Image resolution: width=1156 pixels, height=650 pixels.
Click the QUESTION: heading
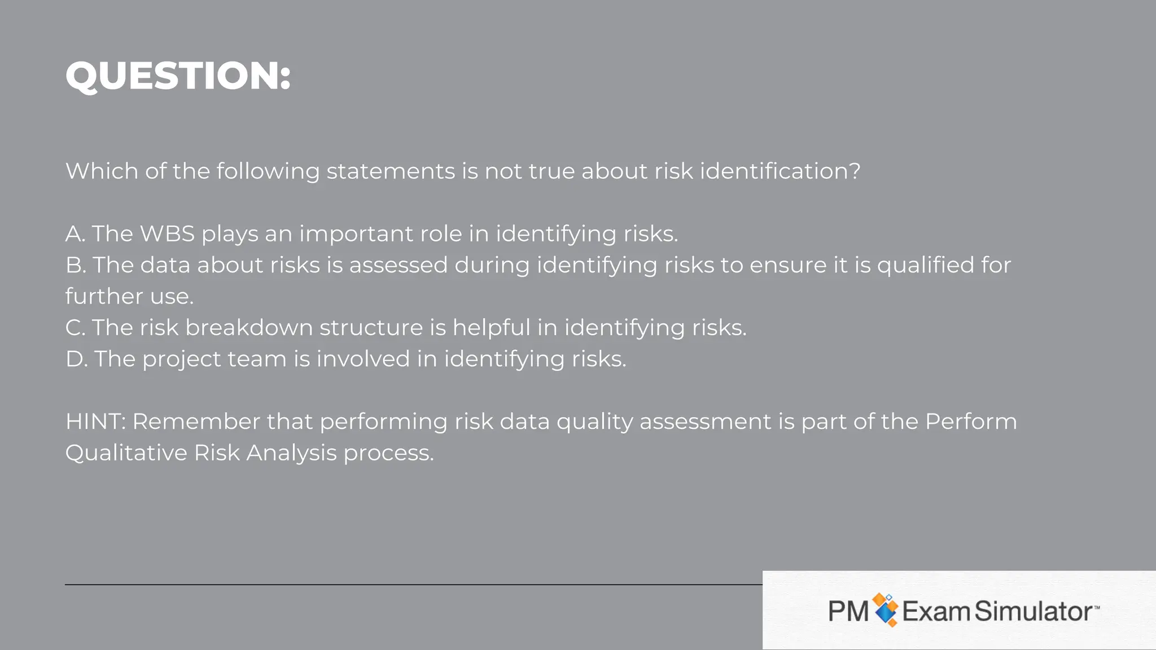pos(178,76)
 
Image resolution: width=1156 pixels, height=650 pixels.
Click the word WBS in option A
pos(167,234)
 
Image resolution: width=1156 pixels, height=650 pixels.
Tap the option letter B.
pos(75,265)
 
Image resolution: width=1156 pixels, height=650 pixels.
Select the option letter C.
pos(75,328)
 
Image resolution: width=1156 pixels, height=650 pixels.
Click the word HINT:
pos(95,421)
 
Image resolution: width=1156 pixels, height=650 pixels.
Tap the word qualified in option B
pos(926,265)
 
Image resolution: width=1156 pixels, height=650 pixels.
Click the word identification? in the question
pos(780,171)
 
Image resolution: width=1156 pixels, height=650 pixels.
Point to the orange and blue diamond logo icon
pos(885,610)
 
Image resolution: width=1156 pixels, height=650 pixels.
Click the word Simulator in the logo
pos(1034,611)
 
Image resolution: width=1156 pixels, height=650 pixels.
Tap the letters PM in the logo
pos(848,611)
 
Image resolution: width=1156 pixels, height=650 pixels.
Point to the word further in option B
pos(104,296)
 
